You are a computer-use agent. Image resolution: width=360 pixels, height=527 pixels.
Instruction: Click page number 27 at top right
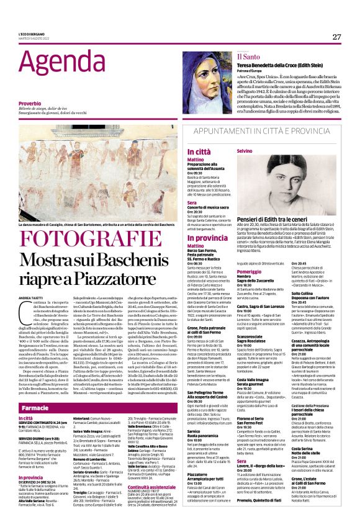336,37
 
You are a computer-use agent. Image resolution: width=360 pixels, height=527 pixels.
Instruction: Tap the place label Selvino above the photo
244,151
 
